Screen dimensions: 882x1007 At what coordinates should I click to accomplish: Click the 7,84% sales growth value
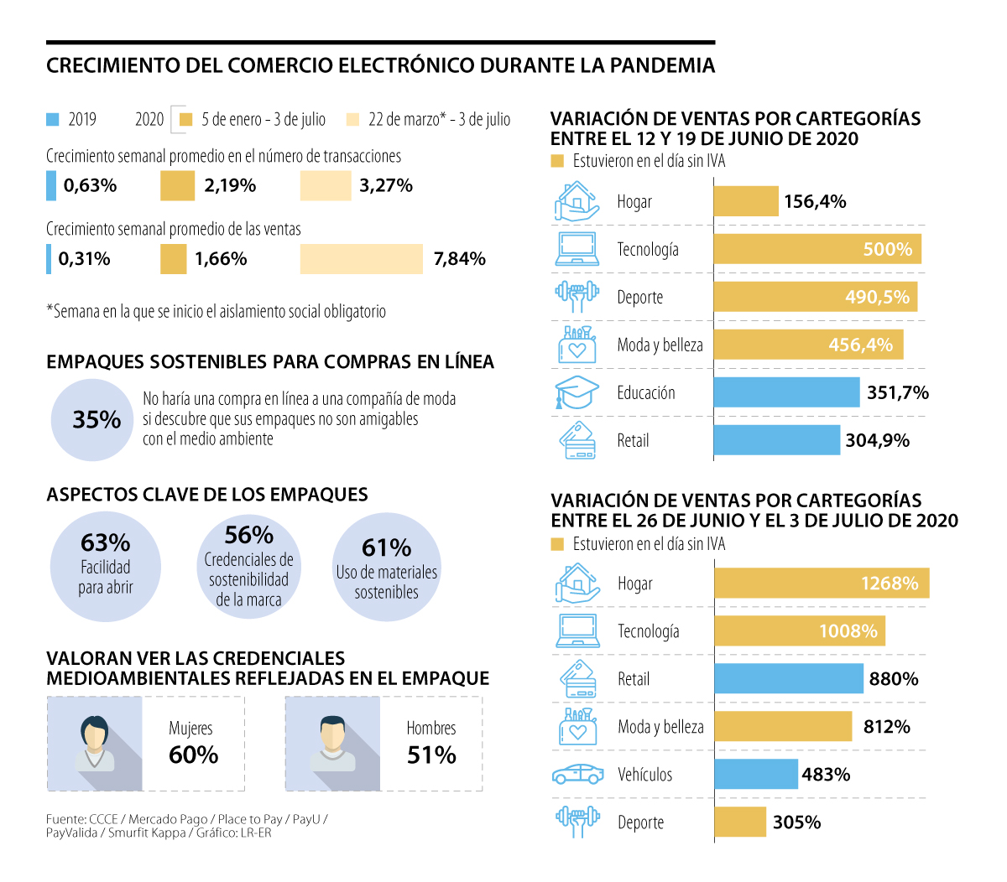tap(459, 259)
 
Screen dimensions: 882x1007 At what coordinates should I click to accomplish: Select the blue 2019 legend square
tap(52, 120)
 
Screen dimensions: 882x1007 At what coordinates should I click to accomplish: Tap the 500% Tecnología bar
tap(817, 249)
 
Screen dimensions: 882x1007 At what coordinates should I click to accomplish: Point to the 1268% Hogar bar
tap(822, 584)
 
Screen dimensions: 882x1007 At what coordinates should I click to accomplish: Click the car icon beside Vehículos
tap(577, 774)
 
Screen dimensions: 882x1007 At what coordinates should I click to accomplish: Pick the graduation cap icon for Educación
tap(577, 392)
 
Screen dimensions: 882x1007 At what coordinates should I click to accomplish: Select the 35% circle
tap(92, 419)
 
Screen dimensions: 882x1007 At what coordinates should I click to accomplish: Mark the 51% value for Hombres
tap(431, 755)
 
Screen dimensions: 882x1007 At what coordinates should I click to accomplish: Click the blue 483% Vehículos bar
tap(755, 775)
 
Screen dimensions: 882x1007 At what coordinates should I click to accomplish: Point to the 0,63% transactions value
tap(90, 185)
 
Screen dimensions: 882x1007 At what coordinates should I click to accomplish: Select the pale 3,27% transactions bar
tap(326, 186)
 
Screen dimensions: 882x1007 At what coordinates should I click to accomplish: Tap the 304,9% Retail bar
tap(776, 440)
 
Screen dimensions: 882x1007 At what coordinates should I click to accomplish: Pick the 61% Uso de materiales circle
tap(387, 568)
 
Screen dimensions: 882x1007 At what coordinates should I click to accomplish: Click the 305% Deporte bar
tap(740, 822)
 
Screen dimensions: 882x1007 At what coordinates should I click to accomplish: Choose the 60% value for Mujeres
tap(193, 755)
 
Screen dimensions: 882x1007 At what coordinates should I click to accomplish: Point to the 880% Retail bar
tap(788, 679)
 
